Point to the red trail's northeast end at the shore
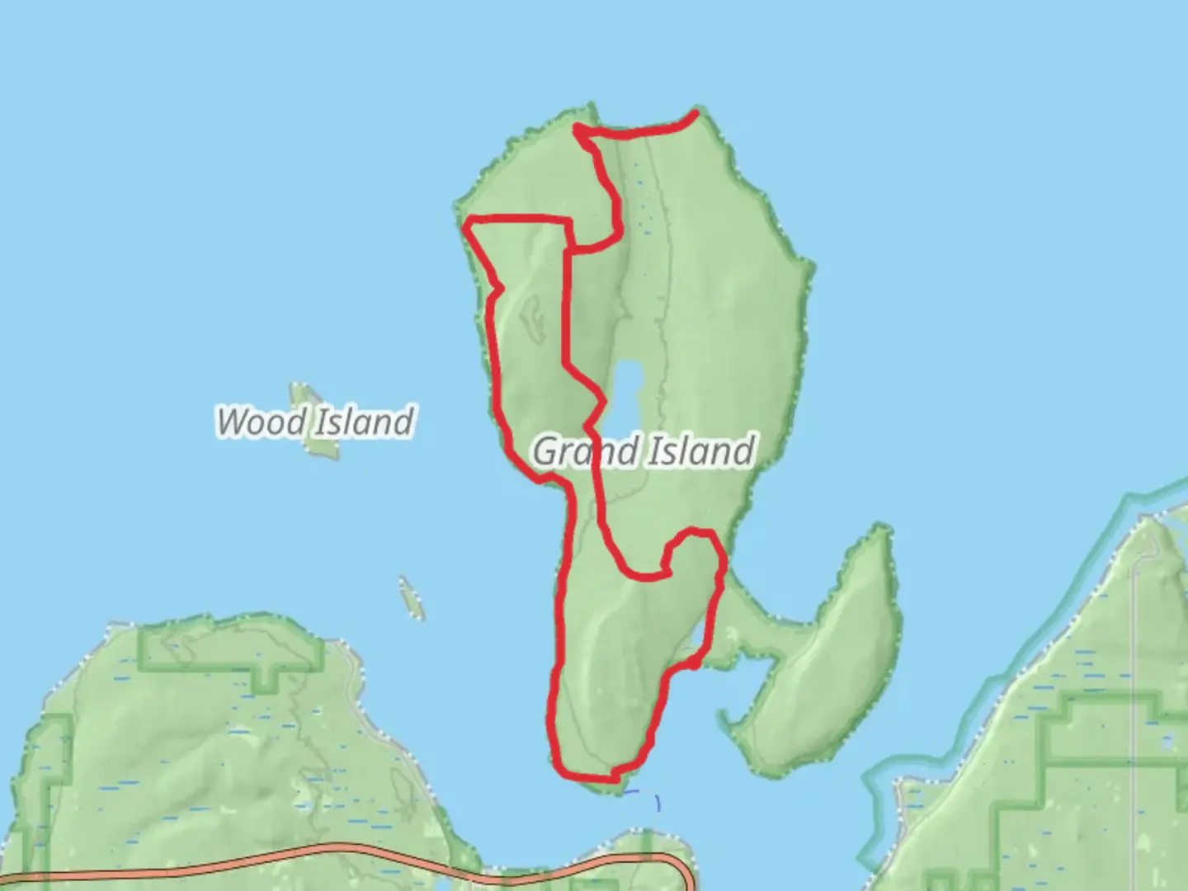tap(695, 113)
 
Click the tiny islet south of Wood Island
tap(411, 597)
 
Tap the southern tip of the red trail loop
tap(612, 776)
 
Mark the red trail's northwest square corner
tap(470, 221)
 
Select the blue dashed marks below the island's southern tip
tap(643, 797)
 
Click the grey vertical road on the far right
tap(1135, 660)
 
